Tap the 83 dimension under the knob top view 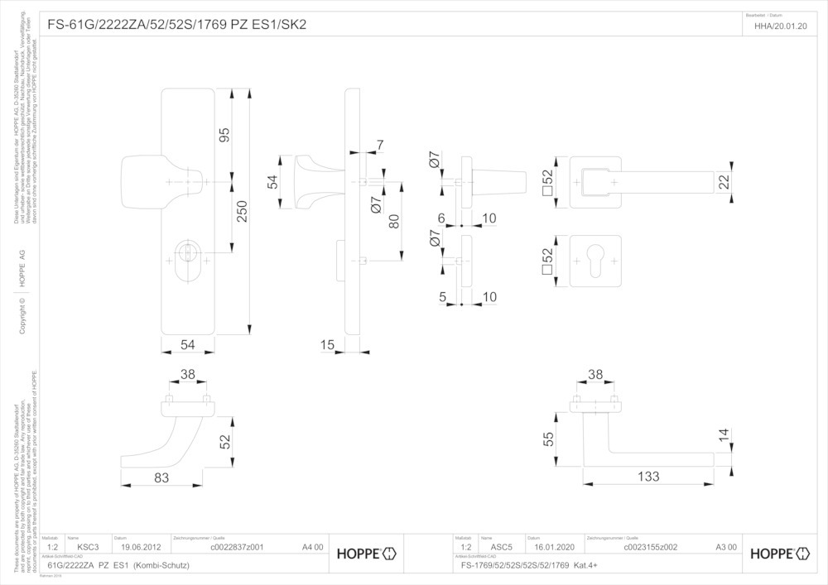161,477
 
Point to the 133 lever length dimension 648,476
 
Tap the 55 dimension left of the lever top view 547,439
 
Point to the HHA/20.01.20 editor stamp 781,26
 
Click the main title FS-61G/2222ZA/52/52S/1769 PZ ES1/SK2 177,25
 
